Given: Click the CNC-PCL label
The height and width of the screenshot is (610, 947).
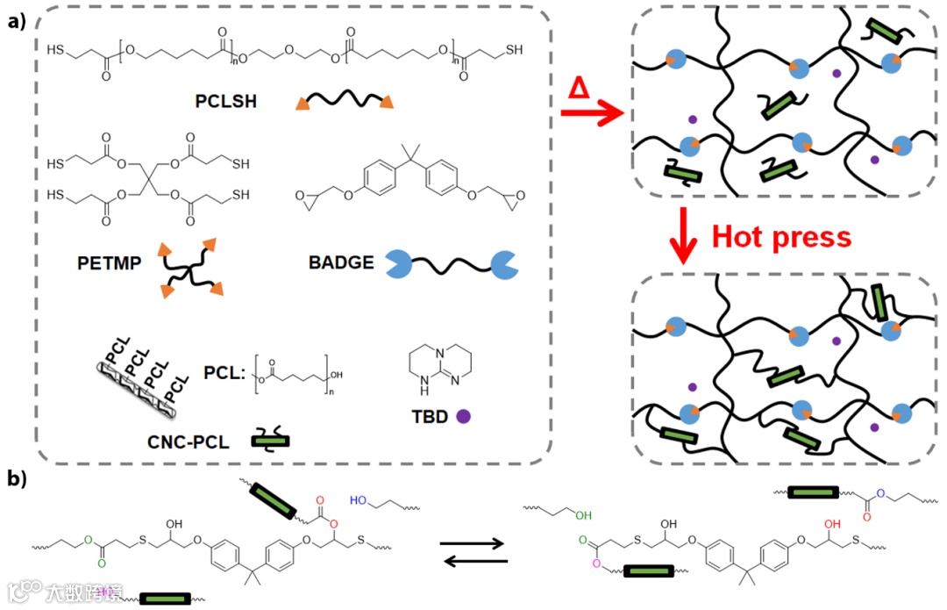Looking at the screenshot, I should pyautogui.click(x=189, y=441).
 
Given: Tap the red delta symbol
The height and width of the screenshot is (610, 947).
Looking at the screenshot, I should pyautogui.click(x=578, y=88).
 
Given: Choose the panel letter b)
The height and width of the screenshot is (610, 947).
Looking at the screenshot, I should pyautogui.click(x=19, y=478).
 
